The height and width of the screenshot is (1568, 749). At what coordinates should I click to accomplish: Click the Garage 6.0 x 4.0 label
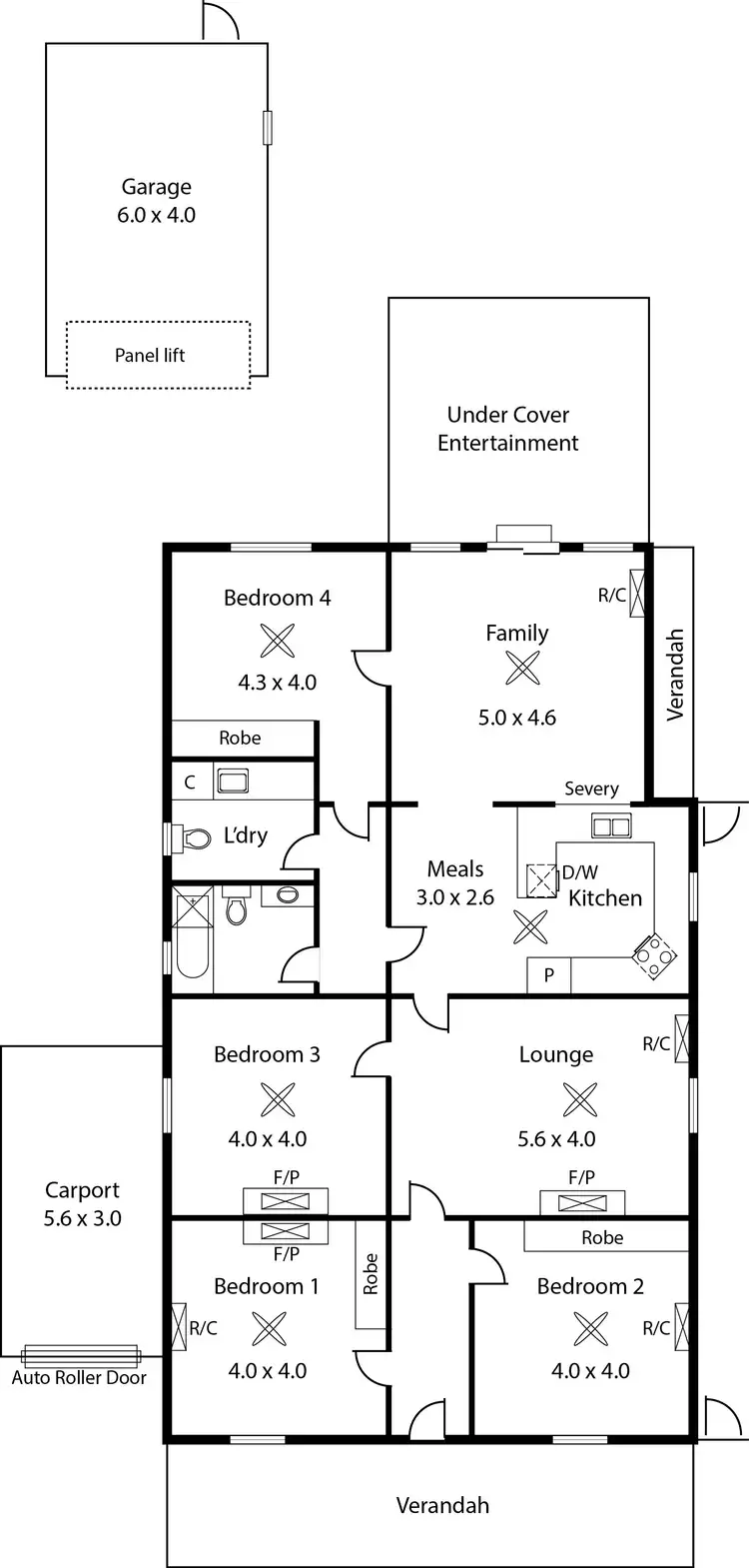(156, 201)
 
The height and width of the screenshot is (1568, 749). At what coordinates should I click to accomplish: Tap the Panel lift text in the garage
(150, 355)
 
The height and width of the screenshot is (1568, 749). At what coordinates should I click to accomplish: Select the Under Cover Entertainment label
(507, 429)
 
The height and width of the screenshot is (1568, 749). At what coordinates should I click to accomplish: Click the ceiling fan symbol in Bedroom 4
(277, 641)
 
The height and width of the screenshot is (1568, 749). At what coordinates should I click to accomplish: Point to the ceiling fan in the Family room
(522, 668)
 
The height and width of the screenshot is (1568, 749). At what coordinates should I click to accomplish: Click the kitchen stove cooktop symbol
(653, 956)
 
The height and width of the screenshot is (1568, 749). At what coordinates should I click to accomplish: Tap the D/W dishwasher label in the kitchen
(579, 872)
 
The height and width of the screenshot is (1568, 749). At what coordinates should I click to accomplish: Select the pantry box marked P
(548, 975)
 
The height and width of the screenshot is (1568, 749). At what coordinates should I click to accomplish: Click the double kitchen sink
(610, 826)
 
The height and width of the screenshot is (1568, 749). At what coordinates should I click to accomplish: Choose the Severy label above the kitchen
(591, 788)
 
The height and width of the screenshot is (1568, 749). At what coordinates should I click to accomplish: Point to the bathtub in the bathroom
(191, 937)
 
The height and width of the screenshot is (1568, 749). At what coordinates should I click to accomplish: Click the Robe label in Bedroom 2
(602, 1237)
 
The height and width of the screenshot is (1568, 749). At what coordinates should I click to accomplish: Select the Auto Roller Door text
(79, 1377)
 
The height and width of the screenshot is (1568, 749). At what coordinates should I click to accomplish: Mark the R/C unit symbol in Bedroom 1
(180, 1327)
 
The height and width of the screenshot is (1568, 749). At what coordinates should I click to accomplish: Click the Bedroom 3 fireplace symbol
(286, 1201)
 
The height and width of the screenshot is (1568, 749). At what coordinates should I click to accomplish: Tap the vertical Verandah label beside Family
(676, 674)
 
